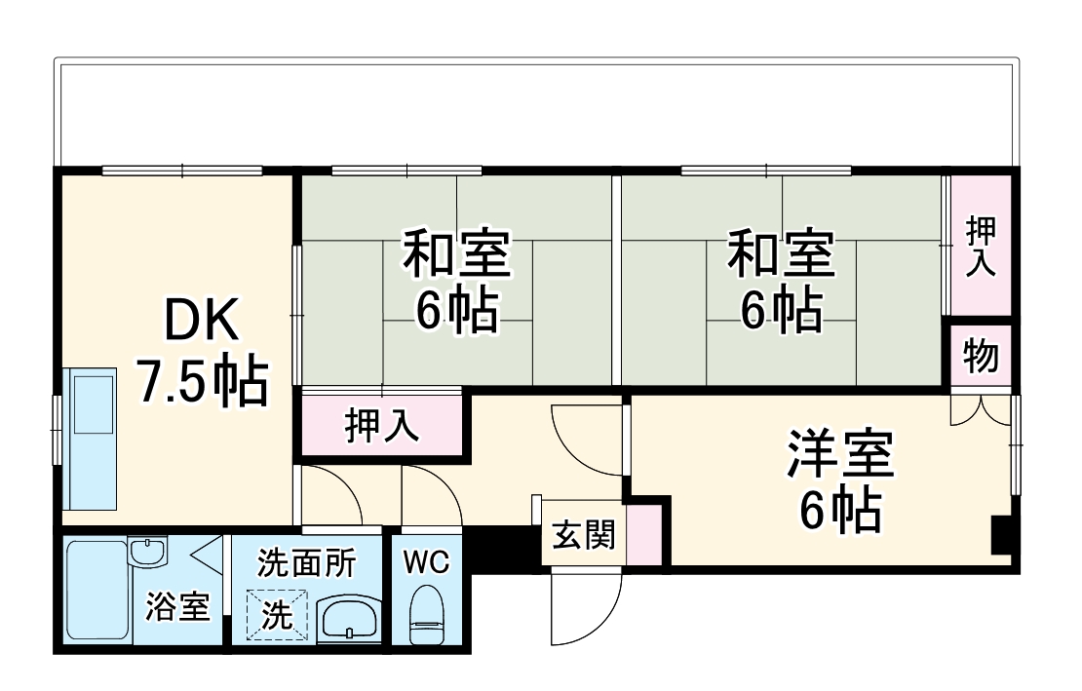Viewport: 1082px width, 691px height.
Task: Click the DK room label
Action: pyautogui.click(x=199, y=319)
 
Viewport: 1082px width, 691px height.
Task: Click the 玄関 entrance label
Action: pyautogui.click(x=583, y=534)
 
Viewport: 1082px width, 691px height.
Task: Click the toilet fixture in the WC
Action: pyautogui.click(x=426, y=617)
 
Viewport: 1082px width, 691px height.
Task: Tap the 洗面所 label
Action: pyautogui.click(x=306, y=563)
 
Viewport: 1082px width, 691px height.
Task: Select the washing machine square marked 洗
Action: pyautogui.click(x=277, y=616)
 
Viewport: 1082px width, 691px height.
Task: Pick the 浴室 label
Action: pyautogui.click(x=177, y=607)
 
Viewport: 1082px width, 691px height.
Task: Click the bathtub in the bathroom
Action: pyautogui.click(x=97, y=589)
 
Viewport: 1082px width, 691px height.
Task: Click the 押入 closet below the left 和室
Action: pyautogui.click(x=381, y=426)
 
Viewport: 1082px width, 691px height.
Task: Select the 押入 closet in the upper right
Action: pyautogui.click(x=981, y=245)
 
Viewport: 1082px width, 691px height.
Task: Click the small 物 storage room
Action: pyautogui.click(x=981, y=357)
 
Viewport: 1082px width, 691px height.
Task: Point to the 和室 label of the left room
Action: pyautogui.click(x=456, y=253)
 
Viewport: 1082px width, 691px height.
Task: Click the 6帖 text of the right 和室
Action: pyautogui.click(x=780, y=311)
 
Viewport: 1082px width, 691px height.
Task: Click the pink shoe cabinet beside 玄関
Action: pyautogui.click(x=640, y=534)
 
